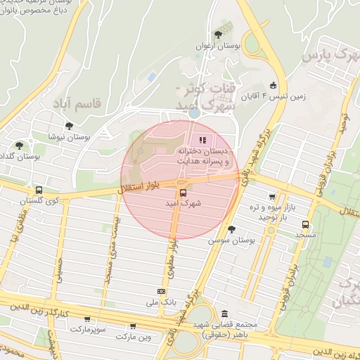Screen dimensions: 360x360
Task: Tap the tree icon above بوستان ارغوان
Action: [x=219, y=32]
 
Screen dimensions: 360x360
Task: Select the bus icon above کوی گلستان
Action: [x=39, y=189]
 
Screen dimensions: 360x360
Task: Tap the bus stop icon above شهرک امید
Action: [x=183, y=192]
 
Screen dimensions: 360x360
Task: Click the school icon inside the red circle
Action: [x=204, y=139]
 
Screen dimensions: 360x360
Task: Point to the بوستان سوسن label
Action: [x=229, y=240]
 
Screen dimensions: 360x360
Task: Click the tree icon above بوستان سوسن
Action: [x=231, y=229]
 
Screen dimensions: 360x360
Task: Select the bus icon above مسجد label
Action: [x=304, y=224]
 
